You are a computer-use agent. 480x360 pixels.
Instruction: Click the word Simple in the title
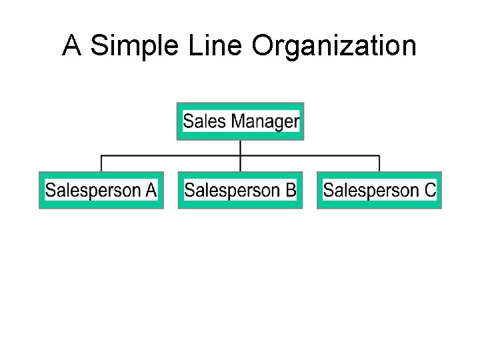(133, 46)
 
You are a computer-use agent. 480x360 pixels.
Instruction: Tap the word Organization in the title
(334, 47)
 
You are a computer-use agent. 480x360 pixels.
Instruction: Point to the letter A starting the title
(73, 46)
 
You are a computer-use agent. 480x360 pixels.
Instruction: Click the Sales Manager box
(240, 121)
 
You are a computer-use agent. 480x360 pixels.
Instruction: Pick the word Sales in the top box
(205, 121)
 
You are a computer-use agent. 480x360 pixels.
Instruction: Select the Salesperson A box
(101, 191)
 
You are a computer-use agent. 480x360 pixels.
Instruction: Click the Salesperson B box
(240, 191)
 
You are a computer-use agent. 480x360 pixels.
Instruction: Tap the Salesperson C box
(379, 191)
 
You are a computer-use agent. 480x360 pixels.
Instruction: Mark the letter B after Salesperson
(291, 191)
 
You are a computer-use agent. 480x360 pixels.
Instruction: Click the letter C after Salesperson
(430, 191)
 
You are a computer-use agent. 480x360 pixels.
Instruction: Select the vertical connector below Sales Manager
(240, 147)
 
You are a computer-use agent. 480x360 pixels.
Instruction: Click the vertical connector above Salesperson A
(101, 164)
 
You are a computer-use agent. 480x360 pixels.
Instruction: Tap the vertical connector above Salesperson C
(379, 164)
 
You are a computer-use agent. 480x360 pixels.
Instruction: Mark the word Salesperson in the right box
(371, 191)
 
